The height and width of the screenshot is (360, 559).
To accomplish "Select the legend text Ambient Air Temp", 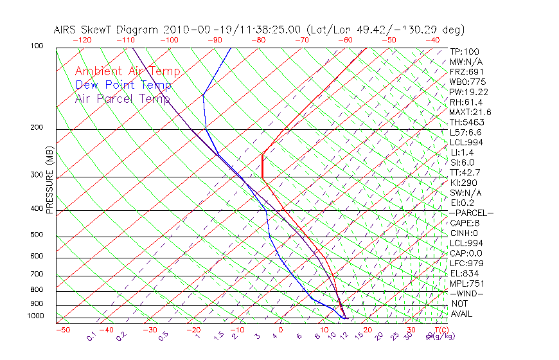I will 127,71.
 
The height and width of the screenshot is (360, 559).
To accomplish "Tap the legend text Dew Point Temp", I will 123,85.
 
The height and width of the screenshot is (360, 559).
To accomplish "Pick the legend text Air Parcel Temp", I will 123,98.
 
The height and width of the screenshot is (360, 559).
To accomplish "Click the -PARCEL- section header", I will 471,213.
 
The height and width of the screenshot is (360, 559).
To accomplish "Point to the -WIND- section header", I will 467,293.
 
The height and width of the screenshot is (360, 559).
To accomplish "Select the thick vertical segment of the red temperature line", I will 263,165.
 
